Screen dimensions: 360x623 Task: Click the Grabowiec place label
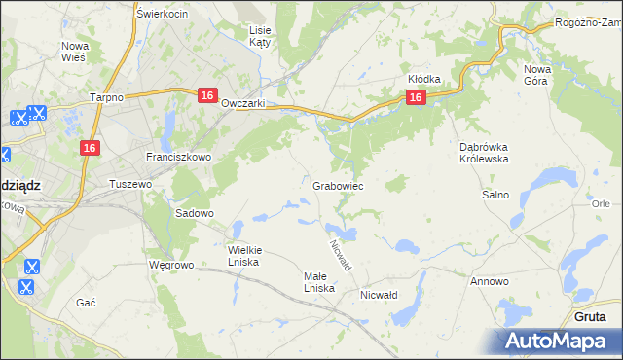[338, 185]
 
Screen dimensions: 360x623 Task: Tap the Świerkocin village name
[163, 14]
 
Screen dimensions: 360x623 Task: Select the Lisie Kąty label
[260, 37]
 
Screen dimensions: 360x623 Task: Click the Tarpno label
[105, 97]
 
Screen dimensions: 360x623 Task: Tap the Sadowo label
[194, 212]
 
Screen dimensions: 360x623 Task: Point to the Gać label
[86, 303]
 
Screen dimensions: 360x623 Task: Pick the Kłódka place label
[424, 79]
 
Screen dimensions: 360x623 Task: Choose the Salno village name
[495, 195]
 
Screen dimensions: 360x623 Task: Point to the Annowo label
[489, 281]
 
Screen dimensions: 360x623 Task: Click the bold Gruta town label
[590, 317]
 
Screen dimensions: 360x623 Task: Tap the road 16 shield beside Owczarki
[206, 95]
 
